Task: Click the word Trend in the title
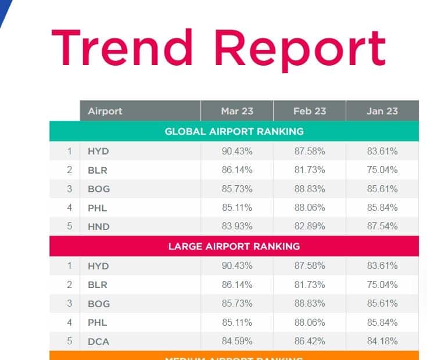tap(121, 48)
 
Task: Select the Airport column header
tap(105, 111)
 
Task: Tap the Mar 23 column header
tap(237, 111)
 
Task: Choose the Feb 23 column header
tap(310, 111)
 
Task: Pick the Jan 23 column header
tap(382, 111)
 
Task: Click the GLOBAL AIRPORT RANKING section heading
tap(234, 131)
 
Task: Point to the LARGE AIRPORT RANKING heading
tap(234, 246)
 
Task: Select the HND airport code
tap(99, 227)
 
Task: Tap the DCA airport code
tap(99, 342)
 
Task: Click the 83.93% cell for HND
tap(237, 226)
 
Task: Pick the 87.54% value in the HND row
tap(382, 226)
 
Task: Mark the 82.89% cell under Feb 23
tap(310, 226)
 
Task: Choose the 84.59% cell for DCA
tap(237, 341)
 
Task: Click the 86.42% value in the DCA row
tap(310, 341)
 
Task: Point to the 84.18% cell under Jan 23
tap(382, 341)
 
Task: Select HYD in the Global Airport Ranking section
tap(98, 152)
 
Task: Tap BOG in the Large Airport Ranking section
tap(99, 304)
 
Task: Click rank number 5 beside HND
tap(69, 226)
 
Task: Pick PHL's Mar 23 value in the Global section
tap(237, 207)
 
